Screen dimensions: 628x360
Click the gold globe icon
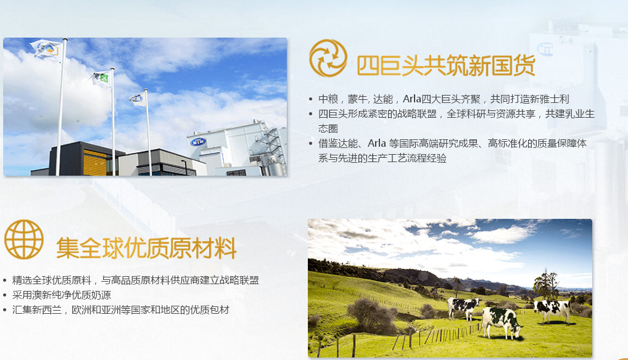click(23, 239)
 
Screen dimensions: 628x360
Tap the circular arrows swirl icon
click(328, 58)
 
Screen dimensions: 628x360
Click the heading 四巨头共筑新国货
click(446, 65)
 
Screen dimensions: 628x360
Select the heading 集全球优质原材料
click(146, 248)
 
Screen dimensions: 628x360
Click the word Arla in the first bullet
click(411, 99)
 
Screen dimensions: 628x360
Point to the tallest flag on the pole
click(47, 49)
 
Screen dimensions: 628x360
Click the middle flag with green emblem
click(101, 78)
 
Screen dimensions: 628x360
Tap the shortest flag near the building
click(138, 99)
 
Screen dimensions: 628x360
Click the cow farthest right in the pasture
click(553, 311)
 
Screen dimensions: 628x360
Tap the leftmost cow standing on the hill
click(463, 308)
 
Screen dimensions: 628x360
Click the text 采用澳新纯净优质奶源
click(62, 295)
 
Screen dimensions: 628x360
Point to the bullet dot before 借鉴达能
click(310, 143)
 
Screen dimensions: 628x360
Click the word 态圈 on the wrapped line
click(328, 128)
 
